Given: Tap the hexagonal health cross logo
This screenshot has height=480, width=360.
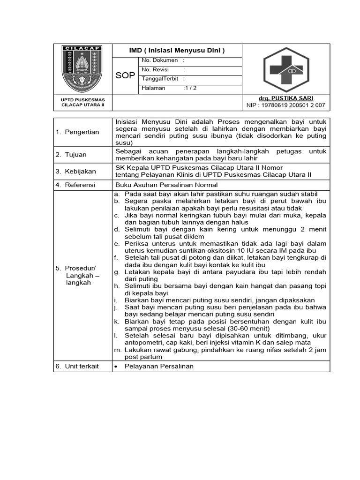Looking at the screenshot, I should (285, 69).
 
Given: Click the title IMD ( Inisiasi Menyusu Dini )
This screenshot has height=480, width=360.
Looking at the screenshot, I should (177, 51).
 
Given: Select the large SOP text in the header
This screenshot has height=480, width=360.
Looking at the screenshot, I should (125, 75).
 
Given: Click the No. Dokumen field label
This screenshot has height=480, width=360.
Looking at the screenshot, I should (159, 60).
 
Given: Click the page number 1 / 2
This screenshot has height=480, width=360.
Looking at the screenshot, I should (191, 88).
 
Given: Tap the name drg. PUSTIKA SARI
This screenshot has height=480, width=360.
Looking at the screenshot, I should (285, 98).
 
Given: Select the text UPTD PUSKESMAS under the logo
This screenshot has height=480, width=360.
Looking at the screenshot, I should (83, 100).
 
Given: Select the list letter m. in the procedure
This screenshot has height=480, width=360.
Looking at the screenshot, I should (117, 350).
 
